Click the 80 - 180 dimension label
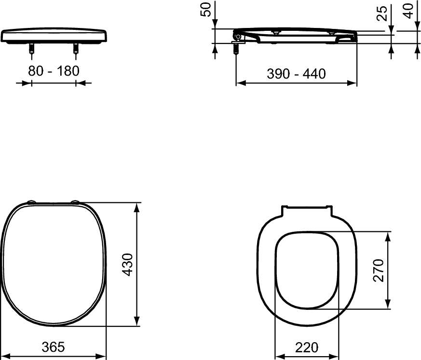54,71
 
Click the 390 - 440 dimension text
296,74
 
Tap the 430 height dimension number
127,265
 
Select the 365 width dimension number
53,347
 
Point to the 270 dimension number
379,270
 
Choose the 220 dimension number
307,347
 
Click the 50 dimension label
206,9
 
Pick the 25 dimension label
382,13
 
